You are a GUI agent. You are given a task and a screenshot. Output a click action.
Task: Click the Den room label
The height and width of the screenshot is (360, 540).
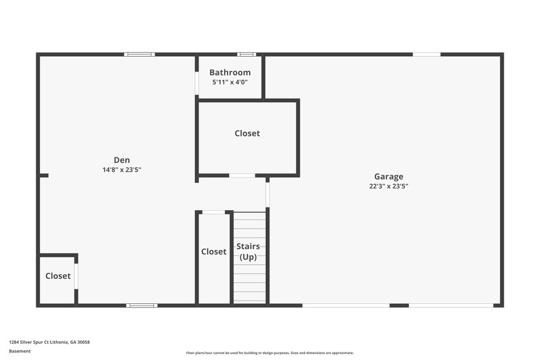coord(122,160)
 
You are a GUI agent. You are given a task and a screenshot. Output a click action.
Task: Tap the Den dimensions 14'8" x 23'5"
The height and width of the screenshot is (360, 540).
coord(122,170)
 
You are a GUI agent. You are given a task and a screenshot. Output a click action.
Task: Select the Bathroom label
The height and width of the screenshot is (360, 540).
coord(230,72)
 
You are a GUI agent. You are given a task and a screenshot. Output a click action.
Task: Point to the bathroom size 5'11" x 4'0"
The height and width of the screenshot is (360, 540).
coord(230,82)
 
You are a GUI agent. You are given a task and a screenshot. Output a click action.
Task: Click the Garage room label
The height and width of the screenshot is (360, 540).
coord(389,176)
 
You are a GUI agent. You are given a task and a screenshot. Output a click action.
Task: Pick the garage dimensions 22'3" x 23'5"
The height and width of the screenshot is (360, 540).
coord(389,186)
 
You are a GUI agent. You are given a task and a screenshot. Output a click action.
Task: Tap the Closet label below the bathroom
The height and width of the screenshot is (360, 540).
coord(247,134)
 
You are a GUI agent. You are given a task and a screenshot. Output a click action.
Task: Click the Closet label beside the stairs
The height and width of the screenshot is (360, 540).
coord(213,251)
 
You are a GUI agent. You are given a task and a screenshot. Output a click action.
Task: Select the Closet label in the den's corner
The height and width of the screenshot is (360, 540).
coord(58,276)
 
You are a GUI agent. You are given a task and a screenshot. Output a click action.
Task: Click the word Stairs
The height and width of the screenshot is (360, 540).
coord(248,247)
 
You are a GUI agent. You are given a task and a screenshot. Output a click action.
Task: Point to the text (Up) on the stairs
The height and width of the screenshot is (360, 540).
coord(248,257)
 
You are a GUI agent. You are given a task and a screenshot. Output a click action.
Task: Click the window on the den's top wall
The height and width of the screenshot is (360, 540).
coord(139,54)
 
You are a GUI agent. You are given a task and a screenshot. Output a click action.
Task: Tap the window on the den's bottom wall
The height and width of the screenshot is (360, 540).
coord(142,305)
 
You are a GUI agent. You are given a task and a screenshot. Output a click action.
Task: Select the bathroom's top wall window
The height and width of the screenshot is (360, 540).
coord(246,54)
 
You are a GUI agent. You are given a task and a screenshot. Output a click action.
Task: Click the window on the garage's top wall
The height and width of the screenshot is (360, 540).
coord(427,54)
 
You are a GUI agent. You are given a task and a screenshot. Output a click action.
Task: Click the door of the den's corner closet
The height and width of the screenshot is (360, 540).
coord(76,276)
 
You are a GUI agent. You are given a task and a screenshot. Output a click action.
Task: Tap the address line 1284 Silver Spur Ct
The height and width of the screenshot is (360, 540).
coord(49,342)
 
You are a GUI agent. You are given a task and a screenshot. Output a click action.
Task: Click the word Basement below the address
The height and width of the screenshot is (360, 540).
coord(20,351)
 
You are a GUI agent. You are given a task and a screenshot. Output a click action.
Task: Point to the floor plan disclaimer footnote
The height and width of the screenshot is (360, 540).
coord(270,353)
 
